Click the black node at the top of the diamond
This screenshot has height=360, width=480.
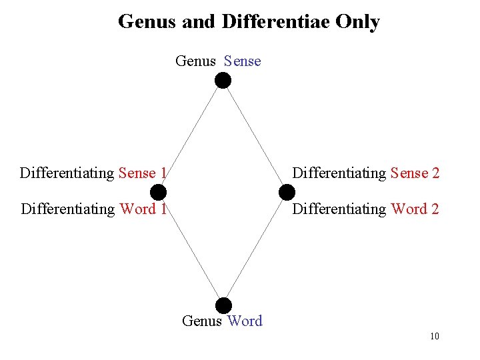coord(223,81)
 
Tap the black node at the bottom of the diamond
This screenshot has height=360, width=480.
coord(223,305)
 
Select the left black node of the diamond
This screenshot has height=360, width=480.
coord(158,193)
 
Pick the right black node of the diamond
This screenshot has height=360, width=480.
coord(286,193)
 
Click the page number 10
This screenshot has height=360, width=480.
coord(435,336)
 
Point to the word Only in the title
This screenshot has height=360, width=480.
coord(358,22)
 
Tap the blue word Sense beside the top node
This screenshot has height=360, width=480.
coord(243,61)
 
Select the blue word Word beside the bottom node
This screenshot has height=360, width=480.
coord(245,321)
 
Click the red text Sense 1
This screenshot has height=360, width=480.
coord(142,173)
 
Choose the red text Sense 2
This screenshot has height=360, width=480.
coord(415,173)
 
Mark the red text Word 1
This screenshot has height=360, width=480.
coord(143,209)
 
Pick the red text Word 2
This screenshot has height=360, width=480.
coord(415,209)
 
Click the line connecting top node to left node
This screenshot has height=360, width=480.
coord(191,137)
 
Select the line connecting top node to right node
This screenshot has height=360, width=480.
coord(254,137)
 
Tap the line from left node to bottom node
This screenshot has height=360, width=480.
coord(191,249)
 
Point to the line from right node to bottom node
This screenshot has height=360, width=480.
coord(255,249)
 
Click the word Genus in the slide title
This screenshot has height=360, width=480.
coord(147,22)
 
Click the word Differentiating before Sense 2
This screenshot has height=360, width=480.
coord(339,173)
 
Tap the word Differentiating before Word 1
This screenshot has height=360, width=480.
coord(68,209)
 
